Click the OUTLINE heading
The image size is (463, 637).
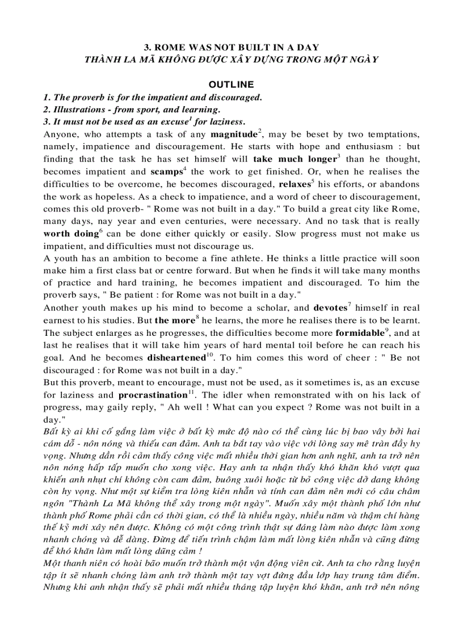tap(231, 85)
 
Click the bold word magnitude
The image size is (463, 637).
tap(233, 134)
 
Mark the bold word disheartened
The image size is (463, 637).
tap(175, 358)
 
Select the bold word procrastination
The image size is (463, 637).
tap(152, 395)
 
